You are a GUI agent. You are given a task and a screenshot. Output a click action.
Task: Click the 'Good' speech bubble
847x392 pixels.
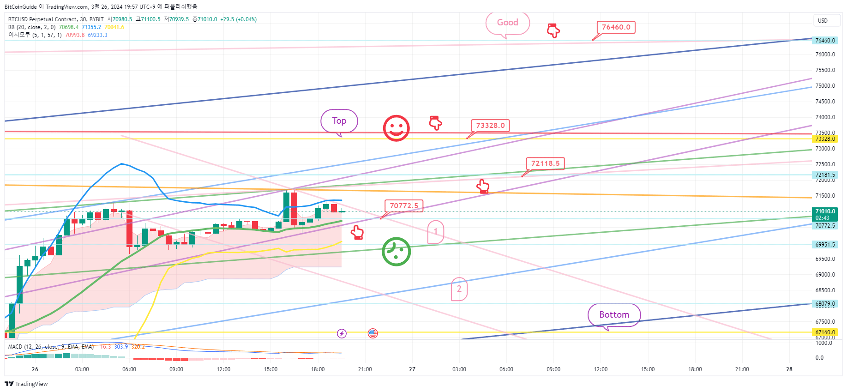pos(507,23)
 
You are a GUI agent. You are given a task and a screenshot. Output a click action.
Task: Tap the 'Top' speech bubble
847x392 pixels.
pos(339,121)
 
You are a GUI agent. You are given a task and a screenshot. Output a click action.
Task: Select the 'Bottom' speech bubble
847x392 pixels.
pos(614,315)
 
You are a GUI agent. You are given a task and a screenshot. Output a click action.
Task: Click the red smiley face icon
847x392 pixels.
pos(396,128)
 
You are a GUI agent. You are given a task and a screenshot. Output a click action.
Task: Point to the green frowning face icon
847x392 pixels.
pos(396,252)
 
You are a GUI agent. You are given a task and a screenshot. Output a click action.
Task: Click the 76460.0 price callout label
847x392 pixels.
pos(616,27)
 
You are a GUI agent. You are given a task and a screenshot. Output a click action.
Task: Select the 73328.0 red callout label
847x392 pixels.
pos(490,126)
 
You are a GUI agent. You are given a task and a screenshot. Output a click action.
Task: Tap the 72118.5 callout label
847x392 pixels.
pos(545,163)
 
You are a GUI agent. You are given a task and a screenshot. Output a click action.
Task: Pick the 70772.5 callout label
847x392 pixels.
pos(404,206)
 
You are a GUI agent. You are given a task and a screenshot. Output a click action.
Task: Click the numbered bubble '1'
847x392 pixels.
pos(436,232)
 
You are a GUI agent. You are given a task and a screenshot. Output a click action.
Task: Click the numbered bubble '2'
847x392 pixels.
pos(459,289)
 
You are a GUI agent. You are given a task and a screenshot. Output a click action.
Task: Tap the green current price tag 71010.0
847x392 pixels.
pos(825,214)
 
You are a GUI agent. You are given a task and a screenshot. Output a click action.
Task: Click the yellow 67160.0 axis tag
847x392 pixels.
pos(825,332)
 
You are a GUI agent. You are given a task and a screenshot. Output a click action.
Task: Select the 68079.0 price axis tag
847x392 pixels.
pos(825,304)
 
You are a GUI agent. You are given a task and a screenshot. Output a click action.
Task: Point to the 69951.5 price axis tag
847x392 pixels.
pos(825,245)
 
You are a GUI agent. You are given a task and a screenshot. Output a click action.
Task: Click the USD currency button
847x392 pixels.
pos(823,21)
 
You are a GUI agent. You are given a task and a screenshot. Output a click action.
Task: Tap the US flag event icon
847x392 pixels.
pos(373,333)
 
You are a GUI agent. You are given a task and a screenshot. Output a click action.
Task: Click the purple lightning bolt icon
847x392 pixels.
pos(342,333)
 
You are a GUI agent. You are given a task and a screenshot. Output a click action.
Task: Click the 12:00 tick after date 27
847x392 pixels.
pos(601,369)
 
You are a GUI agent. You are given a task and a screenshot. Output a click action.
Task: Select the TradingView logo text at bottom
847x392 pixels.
pos(27,384)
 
